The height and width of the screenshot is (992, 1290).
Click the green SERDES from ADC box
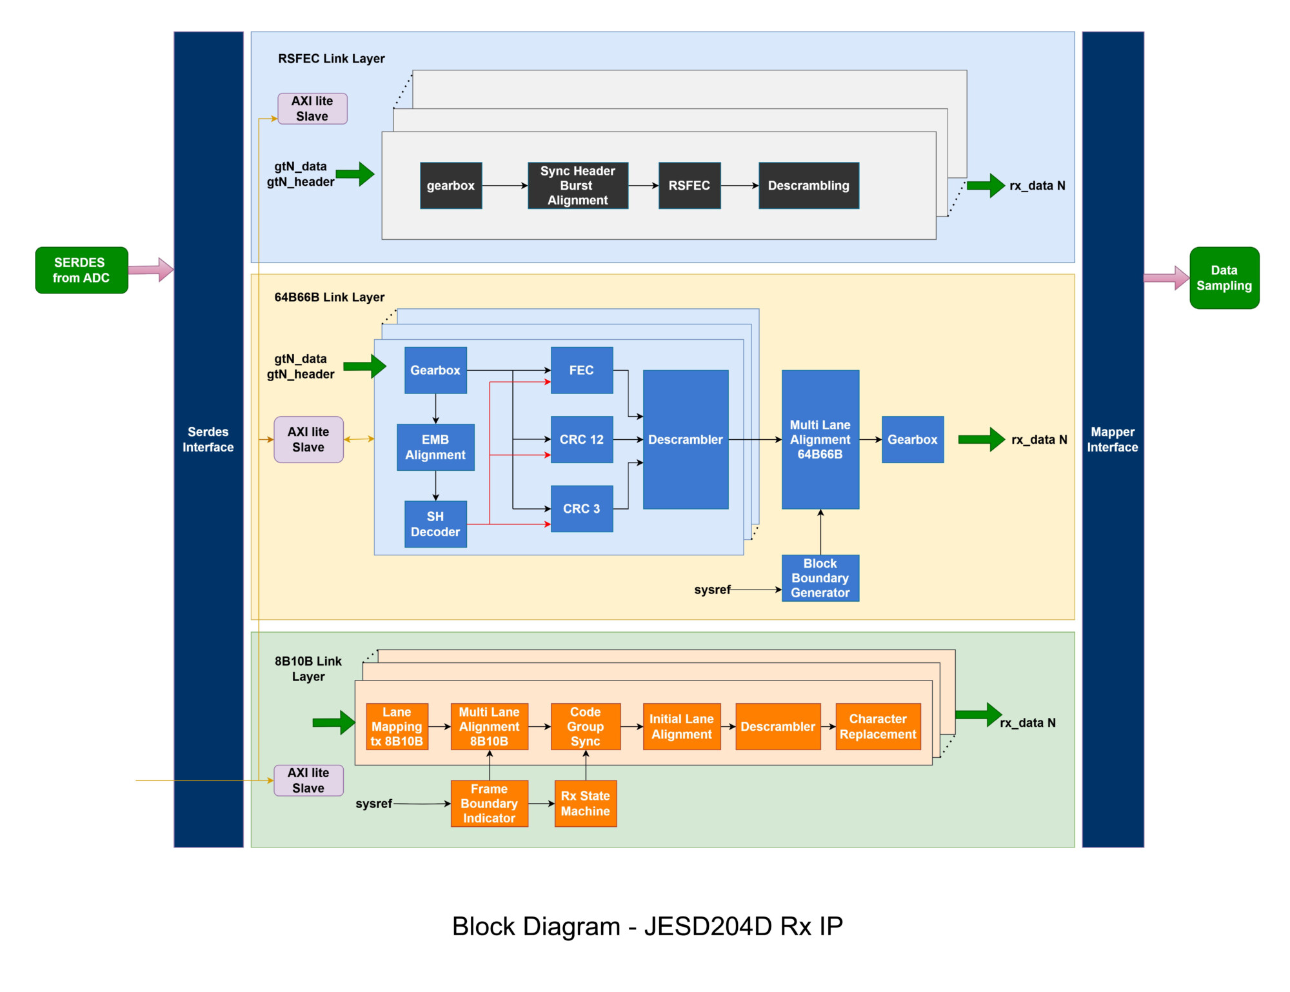[81, 270]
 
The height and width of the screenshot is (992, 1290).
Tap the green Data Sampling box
[1224, 278]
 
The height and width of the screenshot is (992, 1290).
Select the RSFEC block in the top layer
[689, 186]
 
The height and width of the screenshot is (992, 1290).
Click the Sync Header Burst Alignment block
[577, 186]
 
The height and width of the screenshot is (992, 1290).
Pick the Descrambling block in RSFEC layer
[808, 186]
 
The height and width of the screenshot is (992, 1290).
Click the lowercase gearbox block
[450, 186]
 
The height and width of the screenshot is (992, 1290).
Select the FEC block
[581, 370]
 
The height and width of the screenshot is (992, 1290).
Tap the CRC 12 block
[581, 439]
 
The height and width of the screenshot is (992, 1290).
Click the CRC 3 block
[581, 509]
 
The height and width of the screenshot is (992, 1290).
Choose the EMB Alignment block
[435, 447]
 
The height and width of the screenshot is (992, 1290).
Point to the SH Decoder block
[435, 524]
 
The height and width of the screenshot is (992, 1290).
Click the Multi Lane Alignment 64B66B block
[820, 439]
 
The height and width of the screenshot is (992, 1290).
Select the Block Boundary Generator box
[820, 578]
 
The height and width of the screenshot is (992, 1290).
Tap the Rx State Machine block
[585, 804]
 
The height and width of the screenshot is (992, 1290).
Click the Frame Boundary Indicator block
[489, 804]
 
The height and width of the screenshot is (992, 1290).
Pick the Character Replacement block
[877, 726]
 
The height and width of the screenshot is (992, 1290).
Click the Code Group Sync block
[585, 726]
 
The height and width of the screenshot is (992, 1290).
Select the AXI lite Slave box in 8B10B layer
[308, 780]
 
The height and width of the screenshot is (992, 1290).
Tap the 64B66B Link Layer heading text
[329, 297]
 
